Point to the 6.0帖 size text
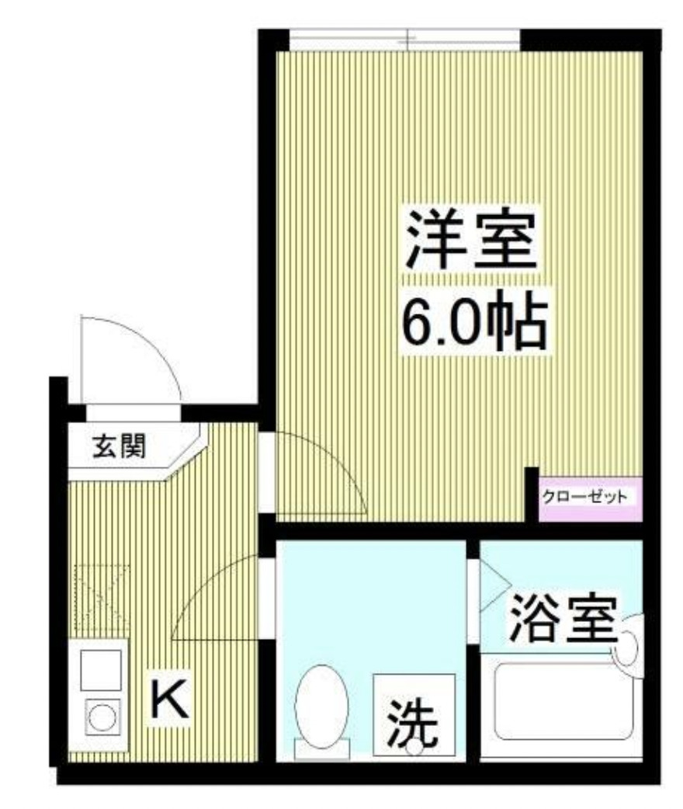pyautogui.click(x=473, y=321)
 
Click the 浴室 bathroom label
pyautogui.click(x=563, y=620)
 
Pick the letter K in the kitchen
pyautogui.click(x=168, y=699)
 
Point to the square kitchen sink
pyautogui.click(x=101, y=668)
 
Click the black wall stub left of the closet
pyautogui.click(x=531, y=494)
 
